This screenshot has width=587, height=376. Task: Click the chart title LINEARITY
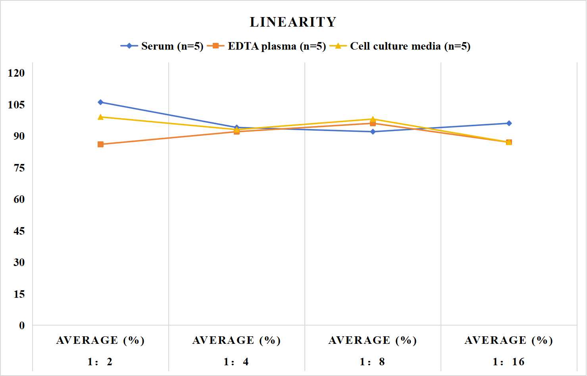(293, 22)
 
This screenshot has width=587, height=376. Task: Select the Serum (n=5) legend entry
(162, 46)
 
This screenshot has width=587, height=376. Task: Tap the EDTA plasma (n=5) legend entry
(266, 46)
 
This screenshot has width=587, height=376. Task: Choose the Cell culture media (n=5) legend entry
(400, 46)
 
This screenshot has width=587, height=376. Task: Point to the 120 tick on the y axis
(16, 73)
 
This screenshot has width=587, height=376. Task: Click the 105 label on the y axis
(16, 104)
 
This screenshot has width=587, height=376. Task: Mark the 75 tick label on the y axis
(19, 168)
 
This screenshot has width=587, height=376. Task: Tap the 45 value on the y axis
(19, 231)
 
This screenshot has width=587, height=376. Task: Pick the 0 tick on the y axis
(22, 326)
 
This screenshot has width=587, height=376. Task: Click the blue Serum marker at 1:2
(100, 102)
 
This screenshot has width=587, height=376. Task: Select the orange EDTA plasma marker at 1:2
(100, 144)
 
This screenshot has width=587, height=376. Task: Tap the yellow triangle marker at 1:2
(100, 117)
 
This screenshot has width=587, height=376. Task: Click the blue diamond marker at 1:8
(373, 132)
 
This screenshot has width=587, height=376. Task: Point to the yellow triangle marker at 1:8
(373, 119)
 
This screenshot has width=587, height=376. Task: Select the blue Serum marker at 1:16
(509, 123)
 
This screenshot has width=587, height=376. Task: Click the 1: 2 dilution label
(100, 362)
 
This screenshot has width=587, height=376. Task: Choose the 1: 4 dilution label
(236, 362)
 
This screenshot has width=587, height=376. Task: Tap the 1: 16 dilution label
(509, 362)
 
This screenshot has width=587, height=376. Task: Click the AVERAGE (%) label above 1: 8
(373, 340)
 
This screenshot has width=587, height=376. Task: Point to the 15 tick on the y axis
(19, 294)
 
